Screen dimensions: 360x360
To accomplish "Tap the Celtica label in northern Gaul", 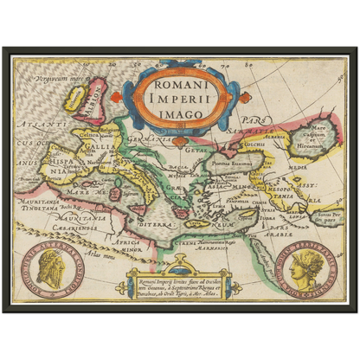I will [x=90, y=135].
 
